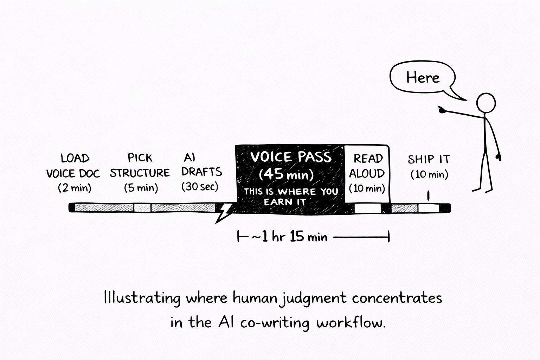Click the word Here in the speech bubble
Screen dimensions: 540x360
pyautogui.click(x=423, y=78)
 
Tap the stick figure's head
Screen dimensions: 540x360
pyautogui.click(x=486, y=103)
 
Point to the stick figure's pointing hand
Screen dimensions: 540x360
pyautogui.click(x=442, y=110)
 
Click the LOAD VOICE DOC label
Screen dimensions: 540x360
pyautogui.click(x=73, y=166)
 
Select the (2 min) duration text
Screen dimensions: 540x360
pyautogui.click(x=75, y=188)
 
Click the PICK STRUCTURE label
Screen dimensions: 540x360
pyautogui.click(x=140, y=165)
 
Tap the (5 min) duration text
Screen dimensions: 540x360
pyautogui.click(x=141, y=188)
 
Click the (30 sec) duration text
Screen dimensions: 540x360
pyautogui.click(x=200, y=187)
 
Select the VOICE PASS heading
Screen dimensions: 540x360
pyautogui.click(x=291, y=157)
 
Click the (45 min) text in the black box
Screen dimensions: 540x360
pyautogui.click(x=286, y=174)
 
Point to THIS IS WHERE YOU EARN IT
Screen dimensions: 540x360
pyautogui.click(x=290, y=197)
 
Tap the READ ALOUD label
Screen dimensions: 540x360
pyautogui.click(x=367, y=166)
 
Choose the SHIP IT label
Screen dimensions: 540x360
pyautogui.click(x=429, y=160)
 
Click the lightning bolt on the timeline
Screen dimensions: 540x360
pyautogui.click(x=224, y=212)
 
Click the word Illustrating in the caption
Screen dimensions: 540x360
pyautogui.click(x=142, y=298)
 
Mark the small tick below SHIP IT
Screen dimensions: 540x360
pyautogui.click(x=428, y=196)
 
